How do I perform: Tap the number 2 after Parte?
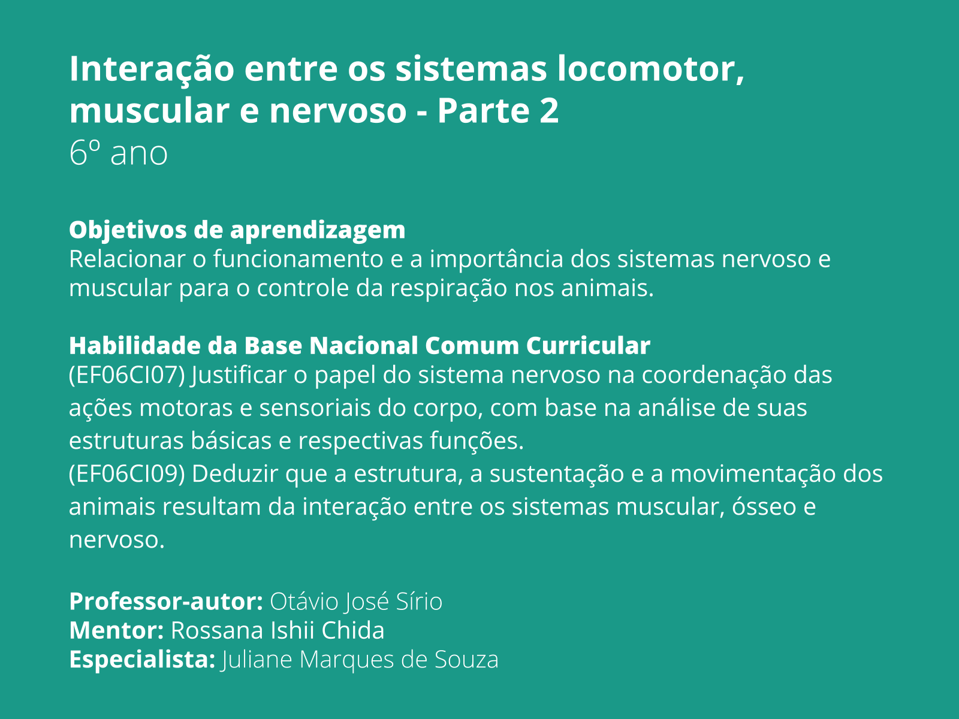click(548, 111)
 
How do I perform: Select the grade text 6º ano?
click(118, 153)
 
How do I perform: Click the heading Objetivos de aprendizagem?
click(237, 229)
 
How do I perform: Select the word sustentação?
click(557, 474)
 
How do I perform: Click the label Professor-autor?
click(166, 602)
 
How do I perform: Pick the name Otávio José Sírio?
click(356, 602)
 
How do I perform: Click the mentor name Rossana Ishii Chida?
click(278, 630)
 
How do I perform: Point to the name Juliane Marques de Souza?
click(360, 660)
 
